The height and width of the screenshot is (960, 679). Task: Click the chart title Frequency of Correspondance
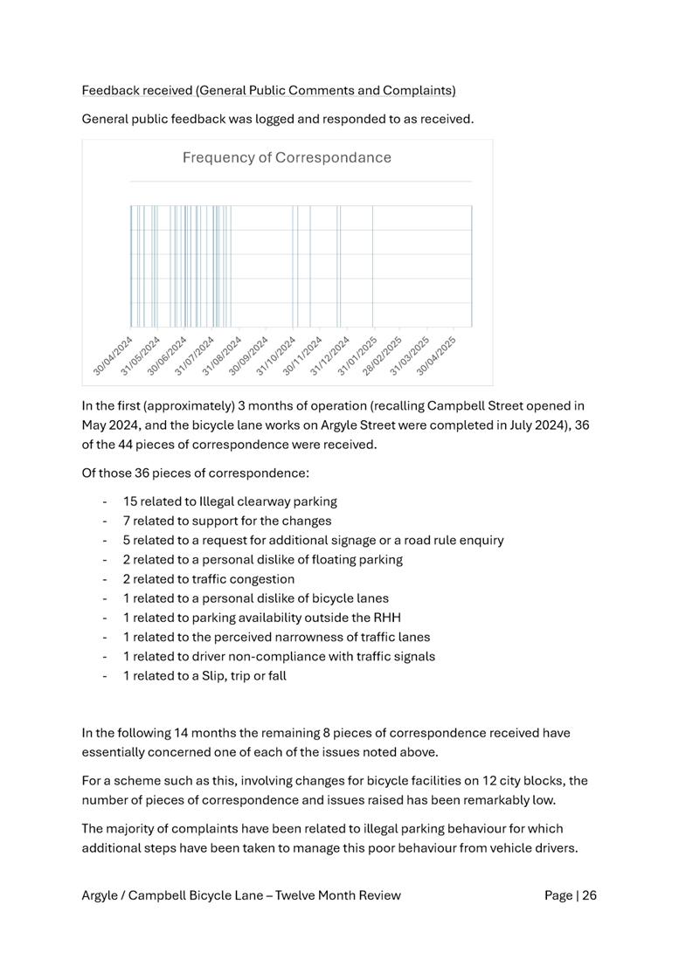pos(287,158)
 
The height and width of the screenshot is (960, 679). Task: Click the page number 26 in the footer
pos(588,894)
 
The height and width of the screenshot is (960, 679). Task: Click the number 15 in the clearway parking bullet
pos(130,501)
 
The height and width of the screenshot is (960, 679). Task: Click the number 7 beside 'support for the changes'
pos(127,521)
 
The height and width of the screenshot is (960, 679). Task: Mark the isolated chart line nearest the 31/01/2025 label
pos(373,266)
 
